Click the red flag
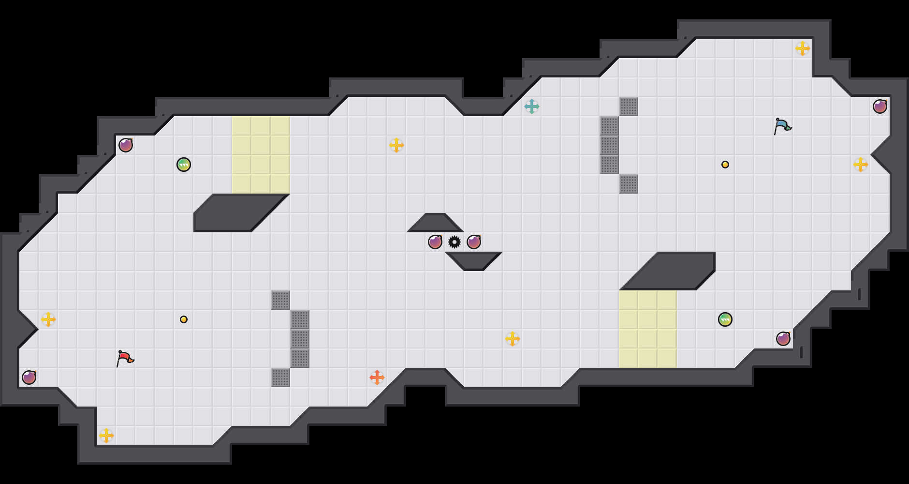pos(125,358)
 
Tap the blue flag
pos(782,126)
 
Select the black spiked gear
pos(454,242)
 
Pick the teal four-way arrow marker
pos(532,106)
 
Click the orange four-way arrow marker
pos(377,378)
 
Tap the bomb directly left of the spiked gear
pos(435,242)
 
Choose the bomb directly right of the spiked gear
pos(474,242)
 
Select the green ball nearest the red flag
pos(184,165)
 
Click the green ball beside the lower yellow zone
pos(725,319)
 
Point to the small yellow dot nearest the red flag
pos(184,319)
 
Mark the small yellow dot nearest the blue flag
pos(725,165)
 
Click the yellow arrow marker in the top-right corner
pos(803,48)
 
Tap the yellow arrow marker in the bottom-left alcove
pos(106,436)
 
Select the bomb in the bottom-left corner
pos(29,378)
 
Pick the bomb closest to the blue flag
pos(880,106)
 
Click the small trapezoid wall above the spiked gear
pos(435,224)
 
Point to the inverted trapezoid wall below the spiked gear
pos(474,260)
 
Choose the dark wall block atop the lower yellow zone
pos(672,271)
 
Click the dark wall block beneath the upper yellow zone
pos(237,213)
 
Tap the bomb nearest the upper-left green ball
pos(126,145)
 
